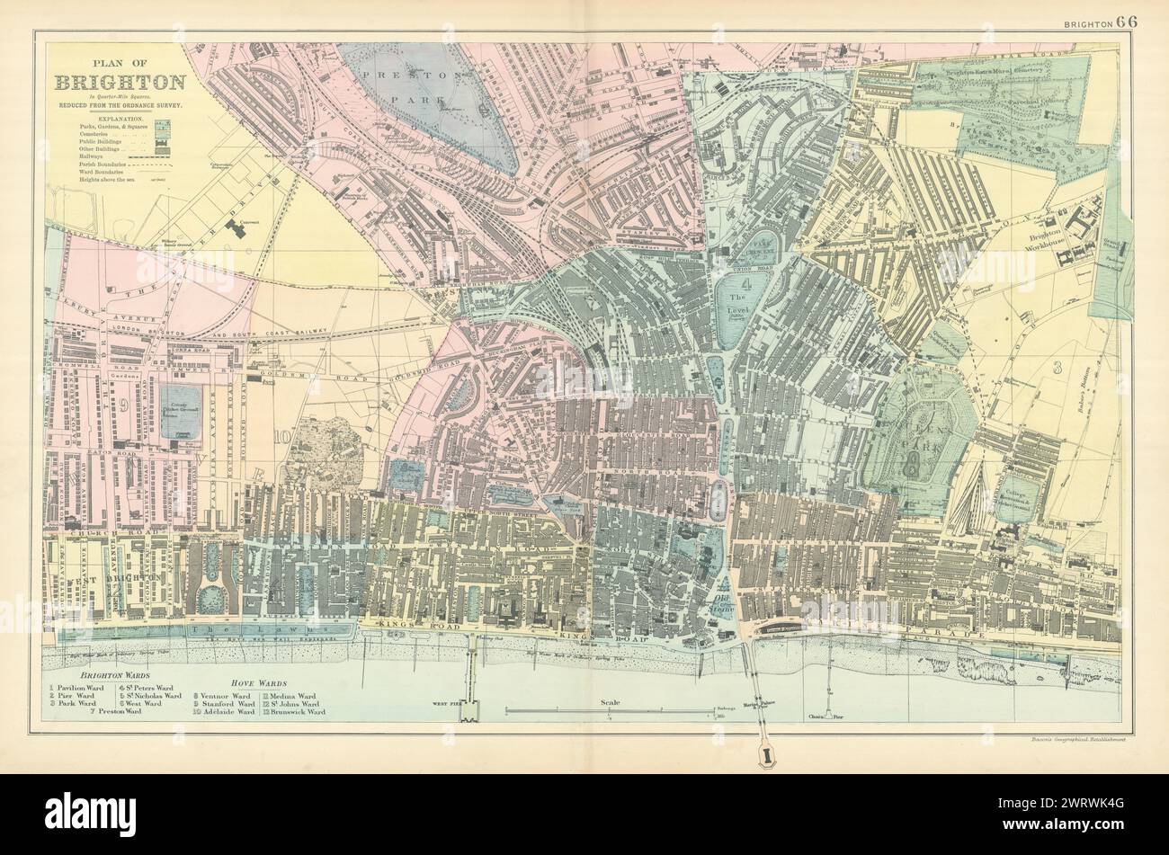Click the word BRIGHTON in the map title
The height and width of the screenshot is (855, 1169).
pyautogui.click(x=120, y=83)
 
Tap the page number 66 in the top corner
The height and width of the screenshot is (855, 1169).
pyautogui.click(x=1127, y=22)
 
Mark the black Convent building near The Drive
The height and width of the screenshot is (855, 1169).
pyautogui.click(x=237, y=226)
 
